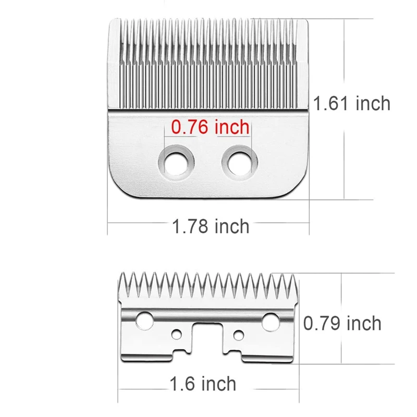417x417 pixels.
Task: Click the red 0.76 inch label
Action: point(207,126)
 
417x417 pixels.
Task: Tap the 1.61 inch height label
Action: point(351,103)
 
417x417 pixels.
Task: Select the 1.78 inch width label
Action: point(211,226)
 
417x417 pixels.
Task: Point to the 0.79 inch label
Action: point(342,323)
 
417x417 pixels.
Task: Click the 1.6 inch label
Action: point(203,385)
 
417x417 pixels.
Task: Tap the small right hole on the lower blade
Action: point(239,333)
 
